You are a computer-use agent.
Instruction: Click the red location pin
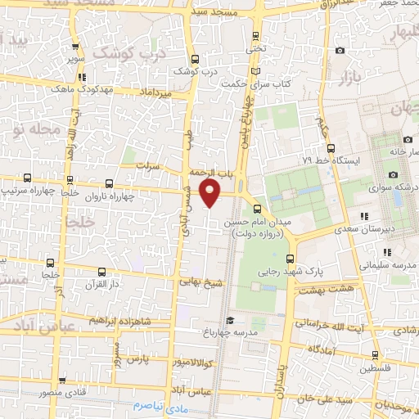point(211,191)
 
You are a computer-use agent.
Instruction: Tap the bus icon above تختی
point(256,35)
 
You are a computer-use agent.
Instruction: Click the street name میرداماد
point(155,93)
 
